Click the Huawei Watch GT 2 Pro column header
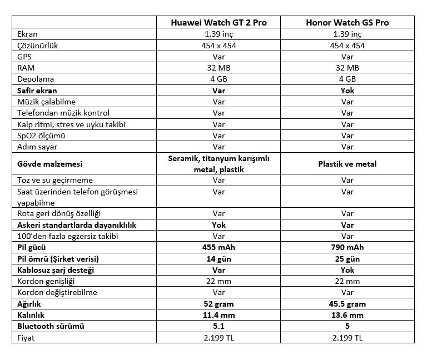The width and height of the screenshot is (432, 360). point(219,23)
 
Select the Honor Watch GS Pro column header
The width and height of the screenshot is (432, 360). point(347,23)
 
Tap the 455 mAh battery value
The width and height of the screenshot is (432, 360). point(219,247)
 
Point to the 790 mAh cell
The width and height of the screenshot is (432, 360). point(347,247)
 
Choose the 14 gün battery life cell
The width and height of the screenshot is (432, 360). point(219,259)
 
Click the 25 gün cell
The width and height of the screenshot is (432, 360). point(347,259)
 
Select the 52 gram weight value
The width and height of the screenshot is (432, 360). point(219,304)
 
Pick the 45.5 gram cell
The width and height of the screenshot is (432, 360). point(347,304)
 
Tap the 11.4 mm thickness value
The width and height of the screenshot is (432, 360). point(219,315)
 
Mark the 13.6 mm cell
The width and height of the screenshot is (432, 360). point(347,315)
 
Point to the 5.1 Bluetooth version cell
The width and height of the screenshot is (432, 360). point(219,326)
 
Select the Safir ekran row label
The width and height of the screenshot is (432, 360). point(37,90)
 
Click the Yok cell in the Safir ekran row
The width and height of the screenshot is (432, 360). point(347,90)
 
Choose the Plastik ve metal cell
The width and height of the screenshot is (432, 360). point(347,164)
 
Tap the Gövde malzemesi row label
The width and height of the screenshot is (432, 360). point(50,164)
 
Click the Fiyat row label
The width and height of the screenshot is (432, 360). point(27,337)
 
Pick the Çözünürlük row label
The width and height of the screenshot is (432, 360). point(38,45)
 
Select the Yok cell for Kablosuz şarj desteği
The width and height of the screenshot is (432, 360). point(347,270)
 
